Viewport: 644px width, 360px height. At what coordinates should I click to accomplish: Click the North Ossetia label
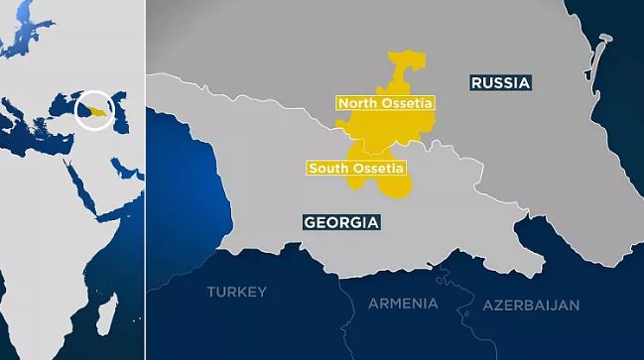(x=386, y=102)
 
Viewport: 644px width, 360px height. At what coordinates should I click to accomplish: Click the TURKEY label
(x=236, y=292)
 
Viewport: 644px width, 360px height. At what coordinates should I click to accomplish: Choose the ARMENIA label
(x=402, y=303)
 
